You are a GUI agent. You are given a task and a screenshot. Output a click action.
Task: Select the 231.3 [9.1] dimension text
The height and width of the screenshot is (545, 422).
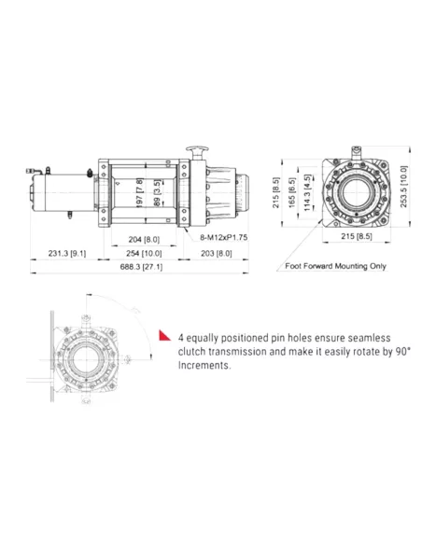[68, 253]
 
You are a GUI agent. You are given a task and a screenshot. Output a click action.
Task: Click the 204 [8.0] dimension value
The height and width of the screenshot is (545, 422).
[142, 239]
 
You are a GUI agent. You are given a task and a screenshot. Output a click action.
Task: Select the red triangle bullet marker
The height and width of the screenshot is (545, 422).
[163, 334]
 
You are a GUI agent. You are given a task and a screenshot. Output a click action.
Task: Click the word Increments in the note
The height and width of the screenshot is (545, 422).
[203, 366]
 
